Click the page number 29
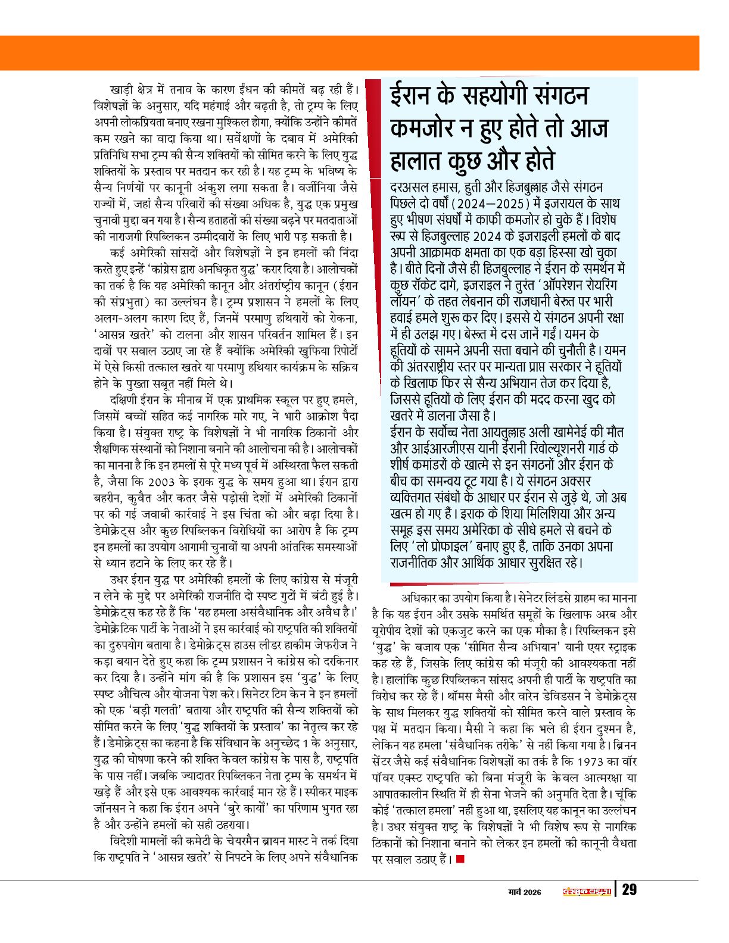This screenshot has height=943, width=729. (x=629, y=890)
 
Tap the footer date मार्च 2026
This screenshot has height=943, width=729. (x=524, y=891)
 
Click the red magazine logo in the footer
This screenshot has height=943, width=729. (x=587, y=891)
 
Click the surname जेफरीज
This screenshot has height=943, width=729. (x=336, y=645)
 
